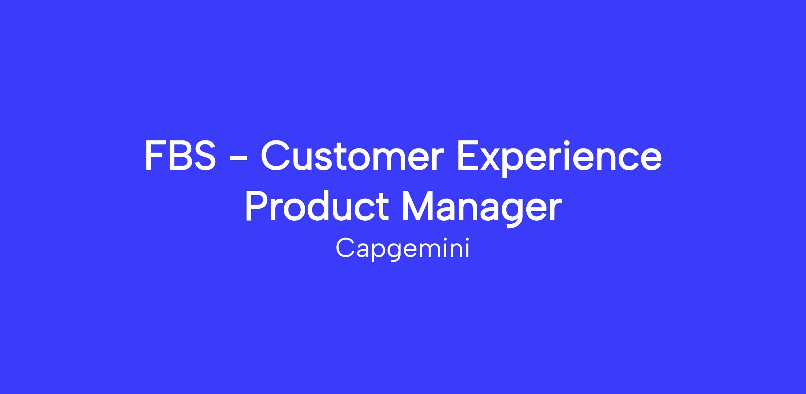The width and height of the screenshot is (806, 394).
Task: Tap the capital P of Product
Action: click(x=257, y=207)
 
